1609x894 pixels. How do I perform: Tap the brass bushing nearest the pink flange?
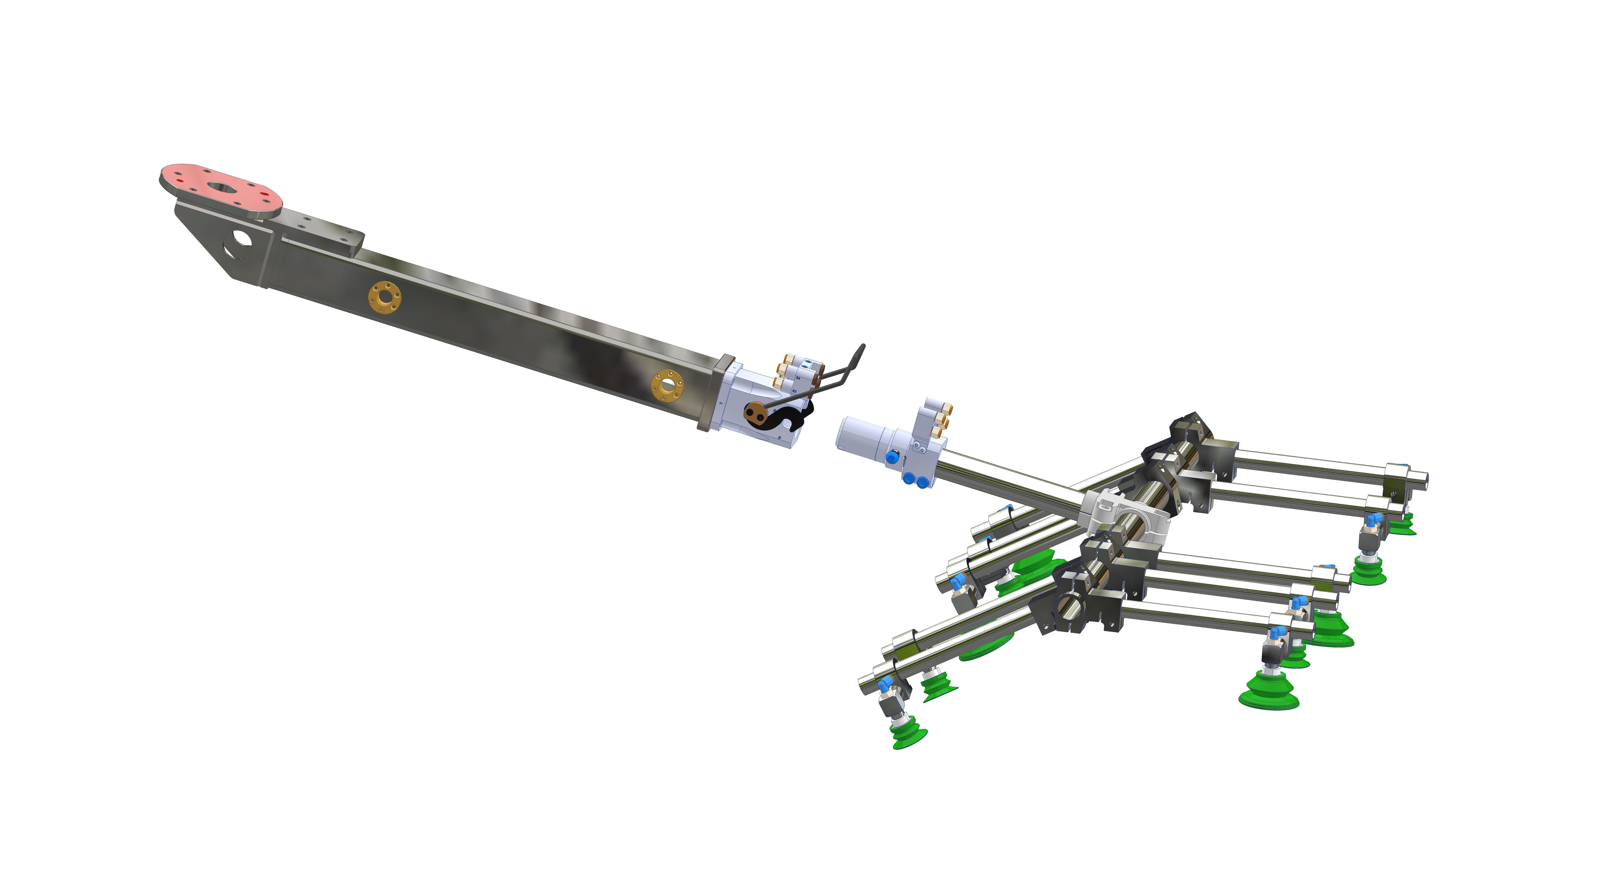coord(384,297)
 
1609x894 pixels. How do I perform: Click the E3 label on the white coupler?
coord(794,391)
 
